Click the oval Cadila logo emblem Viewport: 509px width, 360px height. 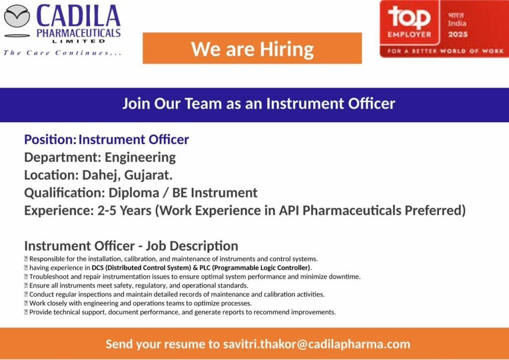(x=17, y=16)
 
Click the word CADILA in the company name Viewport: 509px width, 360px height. (x=78, y=16)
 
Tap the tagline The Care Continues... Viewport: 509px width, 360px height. (x=62, y=53)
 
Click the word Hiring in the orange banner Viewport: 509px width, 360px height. (x=287, y=49)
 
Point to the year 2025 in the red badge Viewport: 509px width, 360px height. (x=458, y=34)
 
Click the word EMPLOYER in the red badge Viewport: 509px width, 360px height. (x=410, y=34)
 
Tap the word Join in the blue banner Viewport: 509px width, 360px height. (x=136, y=103)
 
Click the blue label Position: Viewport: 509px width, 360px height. (x=50, y=140)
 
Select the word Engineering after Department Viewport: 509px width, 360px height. (x=140, y=158)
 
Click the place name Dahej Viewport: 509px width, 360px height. (x=101, y=176)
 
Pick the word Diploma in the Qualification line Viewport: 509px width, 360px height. (x=134, y=193)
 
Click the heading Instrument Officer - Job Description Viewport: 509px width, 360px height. (x=131, y=246)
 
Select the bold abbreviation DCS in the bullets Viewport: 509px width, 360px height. (x=97, y=268)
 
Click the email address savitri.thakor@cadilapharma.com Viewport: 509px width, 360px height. (x=317, y=344)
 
